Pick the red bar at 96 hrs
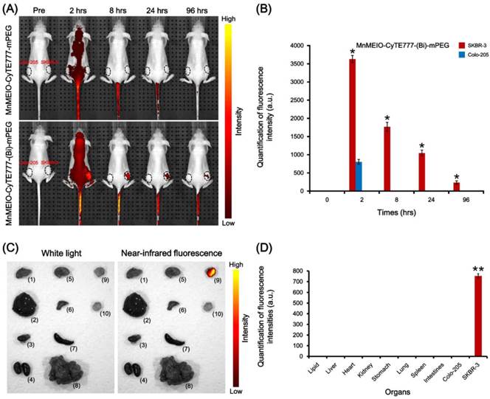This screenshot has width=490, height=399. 455,187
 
